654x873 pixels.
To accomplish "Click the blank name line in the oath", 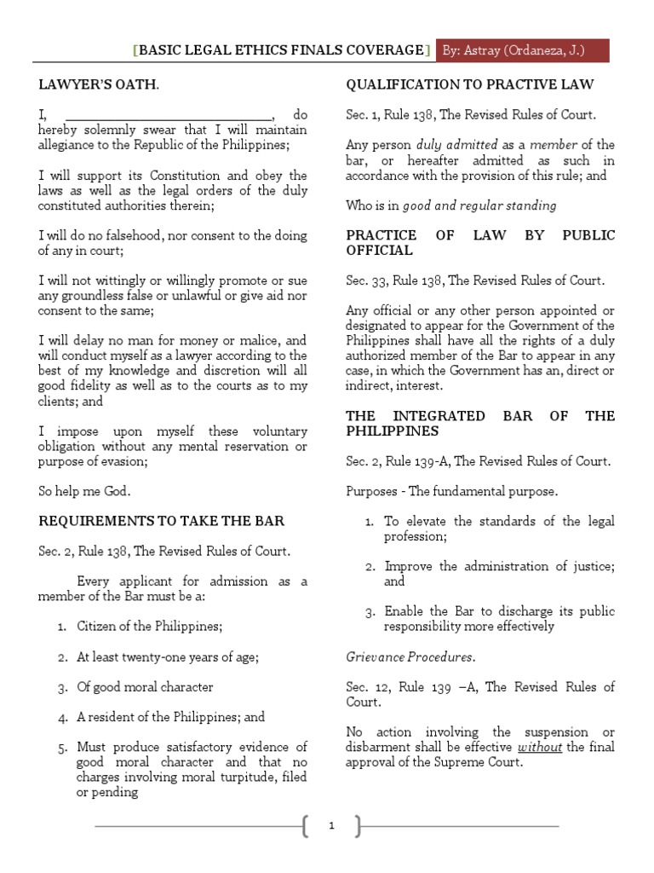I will [169, 114].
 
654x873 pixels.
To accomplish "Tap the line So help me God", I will [84, 491].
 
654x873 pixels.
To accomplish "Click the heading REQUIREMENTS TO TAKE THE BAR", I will [161, 521].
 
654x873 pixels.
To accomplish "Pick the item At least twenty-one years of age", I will [167, 656].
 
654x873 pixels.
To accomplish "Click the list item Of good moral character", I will [145, 687].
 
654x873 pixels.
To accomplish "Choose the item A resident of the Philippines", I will [170, 717].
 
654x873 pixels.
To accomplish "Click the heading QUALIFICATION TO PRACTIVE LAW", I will [469, 84].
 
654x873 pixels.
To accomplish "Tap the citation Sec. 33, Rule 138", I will [474, 280].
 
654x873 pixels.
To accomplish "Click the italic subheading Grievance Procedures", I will [410, 656].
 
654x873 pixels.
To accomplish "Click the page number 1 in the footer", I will [331, 825].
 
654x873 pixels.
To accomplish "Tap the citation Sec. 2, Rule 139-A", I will [477, 461].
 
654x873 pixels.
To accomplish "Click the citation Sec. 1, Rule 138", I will [471, 115].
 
